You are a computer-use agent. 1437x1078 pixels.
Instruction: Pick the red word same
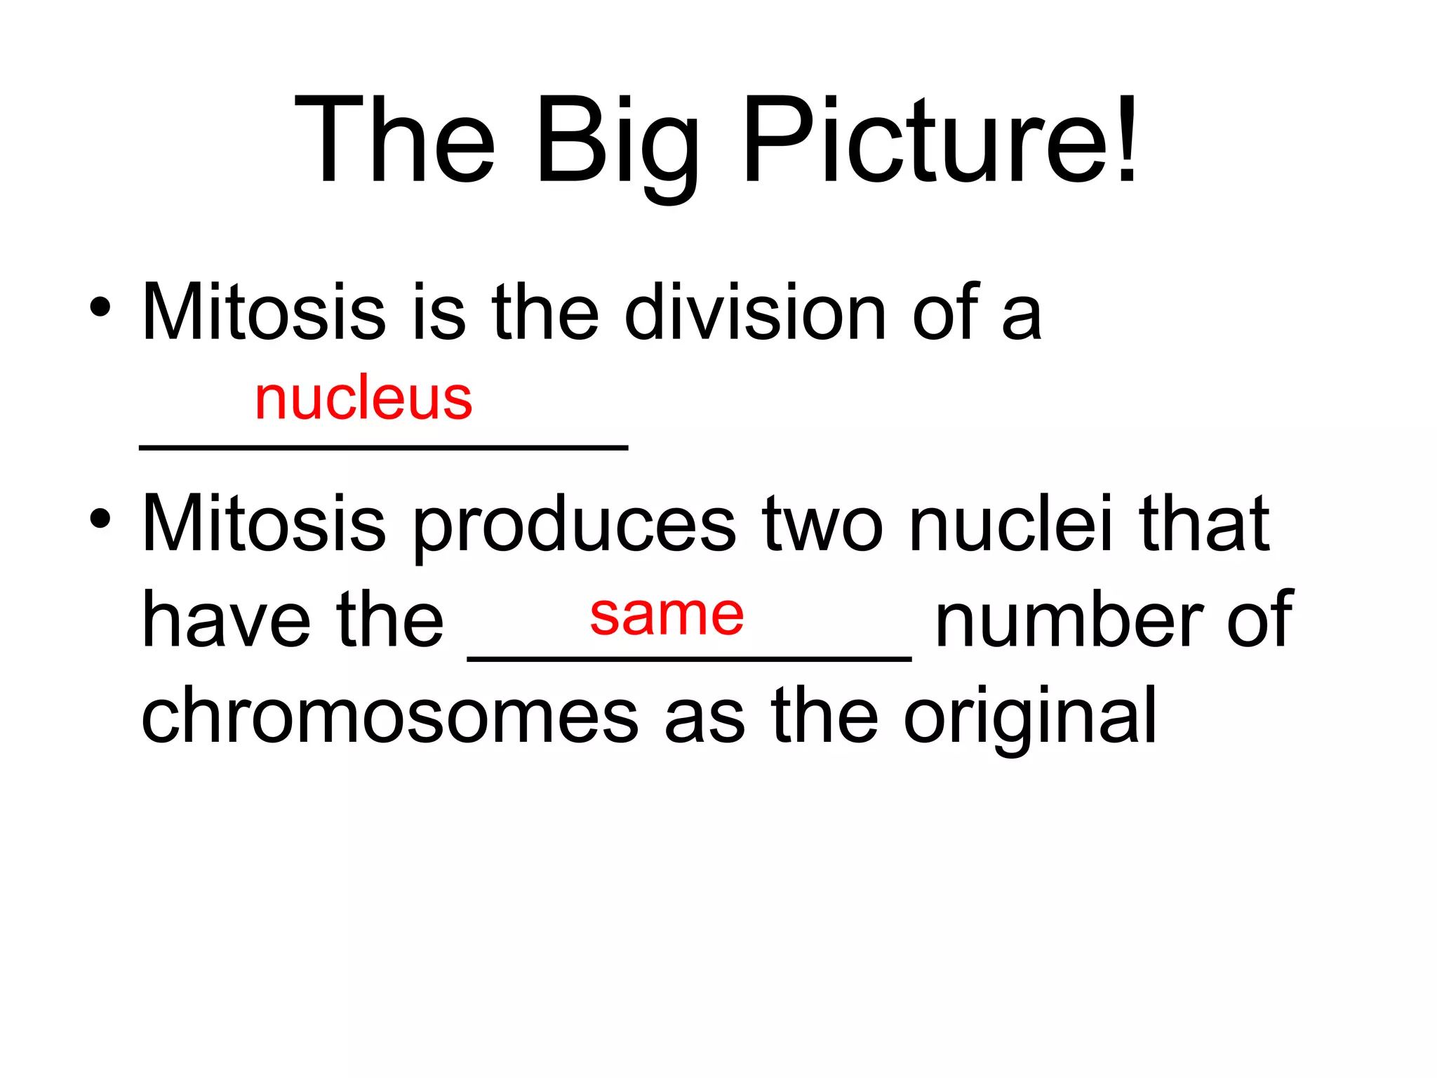pyautogui.click(x=667, y=615)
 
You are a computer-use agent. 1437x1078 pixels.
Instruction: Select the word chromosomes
pyautogui.click(x=389, y=716)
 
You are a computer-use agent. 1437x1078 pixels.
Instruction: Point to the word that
pyautogui.click(x=1204, y=523)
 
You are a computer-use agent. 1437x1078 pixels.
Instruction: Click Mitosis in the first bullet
pyautogui.click(x=264, y=312)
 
